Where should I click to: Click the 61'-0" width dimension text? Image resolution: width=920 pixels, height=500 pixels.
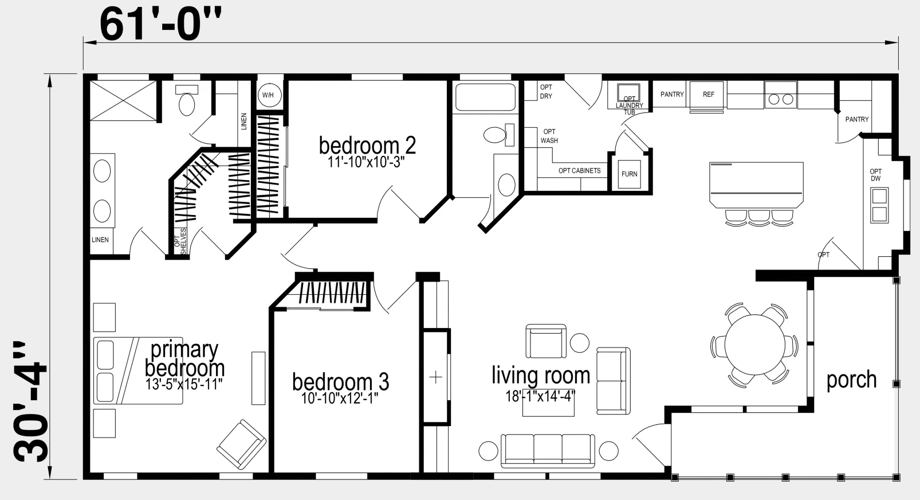coord(160,24)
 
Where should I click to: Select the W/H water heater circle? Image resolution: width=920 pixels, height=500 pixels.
coord(269,95)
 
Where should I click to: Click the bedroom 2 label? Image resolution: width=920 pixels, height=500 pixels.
coord(368,146)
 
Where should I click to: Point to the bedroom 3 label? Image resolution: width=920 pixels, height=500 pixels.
coord(340,381)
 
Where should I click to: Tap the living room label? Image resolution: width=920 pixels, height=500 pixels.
coord(541,374)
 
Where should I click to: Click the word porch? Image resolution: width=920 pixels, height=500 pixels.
coord(851,380)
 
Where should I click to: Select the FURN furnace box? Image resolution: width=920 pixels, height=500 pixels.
coord(629,174)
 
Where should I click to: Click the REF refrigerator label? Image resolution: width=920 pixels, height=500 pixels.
coord(709,95)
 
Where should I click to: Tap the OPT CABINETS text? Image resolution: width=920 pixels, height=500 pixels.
coord(580,171)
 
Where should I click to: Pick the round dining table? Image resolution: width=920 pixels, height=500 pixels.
coord(755,345)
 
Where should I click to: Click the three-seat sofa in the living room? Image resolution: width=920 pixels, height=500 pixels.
coord(548,451)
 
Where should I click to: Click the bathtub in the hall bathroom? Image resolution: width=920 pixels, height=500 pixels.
coord(485,97)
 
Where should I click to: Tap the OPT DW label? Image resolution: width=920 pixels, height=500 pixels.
coord(876,175)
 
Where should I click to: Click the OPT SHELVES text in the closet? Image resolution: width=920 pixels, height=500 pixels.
coord(180,241)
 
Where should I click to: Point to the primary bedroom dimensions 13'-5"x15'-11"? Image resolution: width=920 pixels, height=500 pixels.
coord(184,384)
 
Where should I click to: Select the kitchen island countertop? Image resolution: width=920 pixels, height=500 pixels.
coord(757,185)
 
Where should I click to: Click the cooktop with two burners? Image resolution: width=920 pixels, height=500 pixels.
coord(781,95)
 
